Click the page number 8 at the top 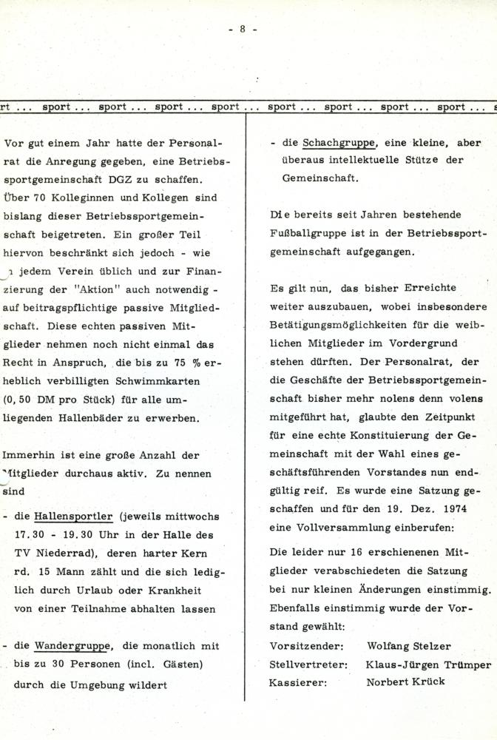click(x=242, y=29)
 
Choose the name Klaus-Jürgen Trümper click(x=428, y=665)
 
